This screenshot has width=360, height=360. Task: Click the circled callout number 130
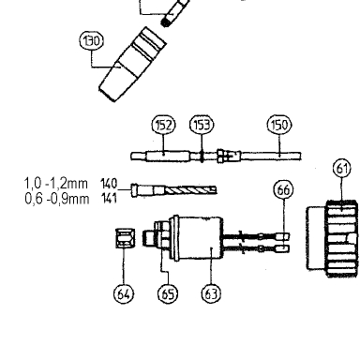tap(92, 41)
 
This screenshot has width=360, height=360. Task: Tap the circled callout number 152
tap(163, 125)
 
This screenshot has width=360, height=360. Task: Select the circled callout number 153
tap(202, 125)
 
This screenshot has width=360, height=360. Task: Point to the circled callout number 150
tap(279, 125)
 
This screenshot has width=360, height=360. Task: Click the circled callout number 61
tap(342, 169)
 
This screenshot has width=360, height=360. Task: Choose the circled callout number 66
tap(283, 190)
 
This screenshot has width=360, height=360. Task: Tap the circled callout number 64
tap(124, 293)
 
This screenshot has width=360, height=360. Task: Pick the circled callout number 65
tap(168, 293)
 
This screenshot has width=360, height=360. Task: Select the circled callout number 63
tap(211, 293)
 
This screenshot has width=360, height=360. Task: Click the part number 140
tap(109, 184)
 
